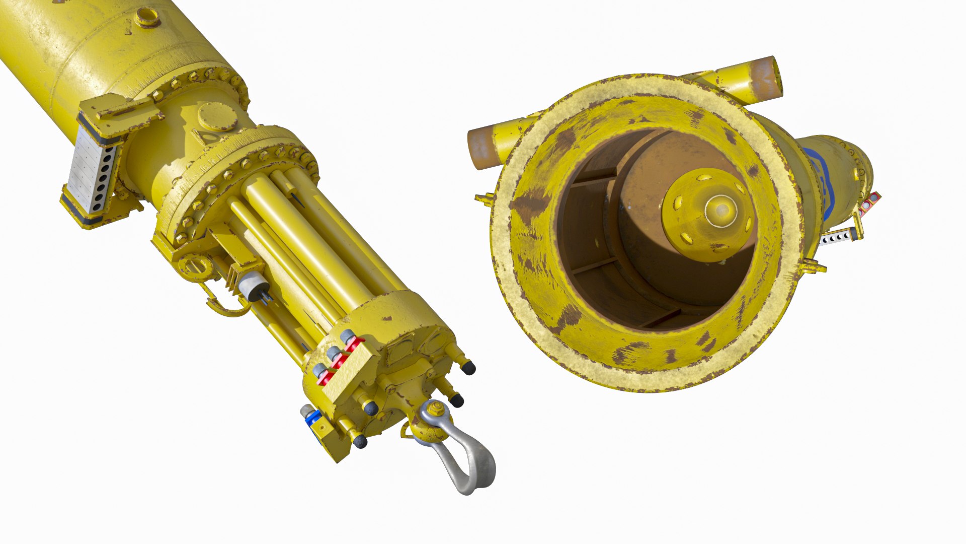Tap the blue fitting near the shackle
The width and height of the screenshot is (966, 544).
point(313,418)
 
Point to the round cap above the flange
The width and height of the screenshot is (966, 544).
point(217,116)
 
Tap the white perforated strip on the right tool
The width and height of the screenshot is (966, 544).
point(837,236)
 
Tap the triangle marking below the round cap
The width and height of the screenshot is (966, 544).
point(204,136)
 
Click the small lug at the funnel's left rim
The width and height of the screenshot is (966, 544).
point(484,198)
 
